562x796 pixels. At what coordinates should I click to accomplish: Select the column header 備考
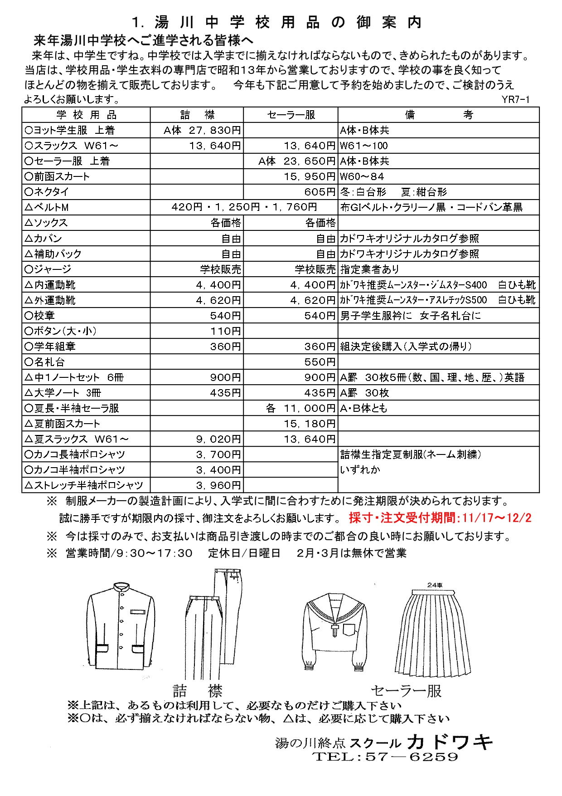tap(438, 115)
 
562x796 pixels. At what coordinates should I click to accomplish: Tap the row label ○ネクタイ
tap(47, 192)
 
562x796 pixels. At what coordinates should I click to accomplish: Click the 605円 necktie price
tap(320, 192)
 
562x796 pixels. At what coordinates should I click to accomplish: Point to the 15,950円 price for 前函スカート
tap(310, 176)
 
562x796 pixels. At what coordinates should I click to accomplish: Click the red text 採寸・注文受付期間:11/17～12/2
tap(440, 518)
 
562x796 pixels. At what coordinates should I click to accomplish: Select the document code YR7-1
tap(515, 100)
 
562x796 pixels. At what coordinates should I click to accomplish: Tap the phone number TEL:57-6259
tap(385, 757)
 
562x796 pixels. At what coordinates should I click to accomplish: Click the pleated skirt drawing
tap(434, 633)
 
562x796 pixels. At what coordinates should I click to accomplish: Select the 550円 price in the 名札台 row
tap(320, 362)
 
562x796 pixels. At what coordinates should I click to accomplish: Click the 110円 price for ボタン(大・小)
tap(225, 331)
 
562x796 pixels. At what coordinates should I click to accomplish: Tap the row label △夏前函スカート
tap(63, 424)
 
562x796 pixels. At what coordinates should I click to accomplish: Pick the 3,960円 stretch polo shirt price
tap(218, 485)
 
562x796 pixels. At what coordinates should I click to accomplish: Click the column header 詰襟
tap(197, 115)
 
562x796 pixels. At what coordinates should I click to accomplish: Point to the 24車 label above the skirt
tap(435, 585)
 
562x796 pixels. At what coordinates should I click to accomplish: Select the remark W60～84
tap(362, 176)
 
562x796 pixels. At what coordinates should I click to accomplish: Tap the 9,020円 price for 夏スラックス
tap(218, 439)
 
